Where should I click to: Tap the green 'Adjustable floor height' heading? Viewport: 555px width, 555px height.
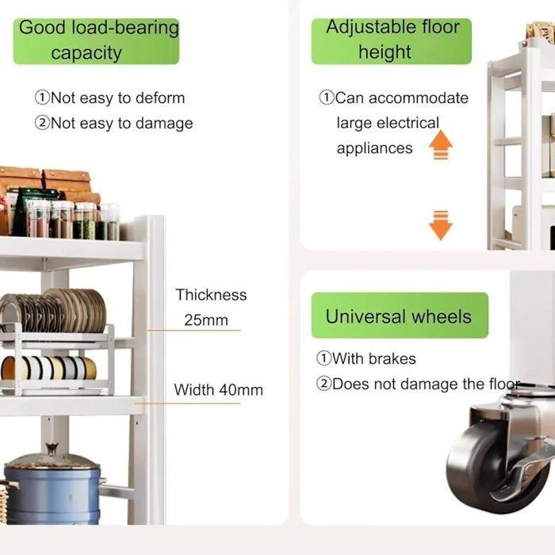coord(392,40)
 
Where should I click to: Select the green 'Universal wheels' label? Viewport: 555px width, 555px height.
coord(398,316)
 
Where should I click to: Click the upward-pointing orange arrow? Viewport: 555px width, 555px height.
coord(440,145)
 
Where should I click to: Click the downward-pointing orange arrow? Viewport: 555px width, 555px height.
coord(440,224)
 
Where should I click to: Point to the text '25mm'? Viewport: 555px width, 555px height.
coord(205,320)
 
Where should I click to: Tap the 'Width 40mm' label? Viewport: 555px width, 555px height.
coord(218,390)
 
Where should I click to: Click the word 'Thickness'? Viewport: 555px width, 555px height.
coord(211,295)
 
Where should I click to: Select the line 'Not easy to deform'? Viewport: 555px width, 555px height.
coord(109,98)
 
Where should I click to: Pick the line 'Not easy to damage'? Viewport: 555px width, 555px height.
coord(113,123)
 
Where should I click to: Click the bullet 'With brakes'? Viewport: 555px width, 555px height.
coord(366,358)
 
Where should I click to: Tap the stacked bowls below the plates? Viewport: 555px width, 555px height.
coord(49,367)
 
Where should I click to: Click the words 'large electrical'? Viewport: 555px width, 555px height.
coord(387,123)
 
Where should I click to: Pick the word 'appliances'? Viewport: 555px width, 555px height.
coord(374,148)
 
